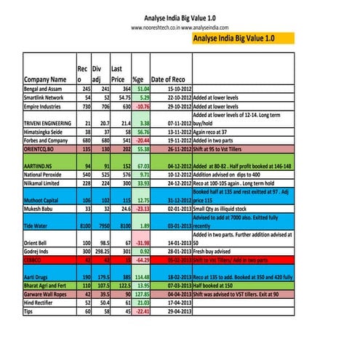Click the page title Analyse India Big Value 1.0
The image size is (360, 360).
(179, 15)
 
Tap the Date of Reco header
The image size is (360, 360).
(172, 79)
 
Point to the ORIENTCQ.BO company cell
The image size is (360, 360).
(43, 148)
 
